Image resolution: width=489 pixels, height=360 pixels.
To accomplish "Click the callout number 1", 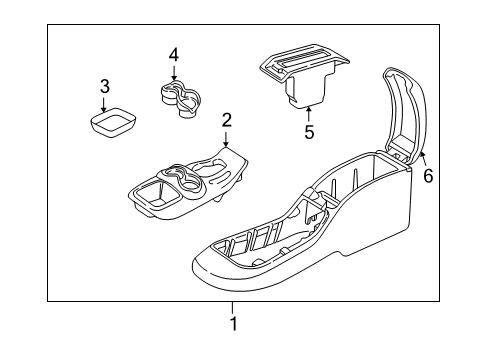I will click(233, 324).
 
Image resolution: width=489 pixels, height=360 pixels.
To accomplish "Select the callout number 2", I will click(227, 120).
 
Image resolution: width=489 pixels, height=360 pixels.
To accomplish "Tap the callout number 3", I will click(105, 86).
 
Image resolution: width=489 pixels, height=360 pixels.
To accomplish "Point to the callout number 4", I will click(173, 54).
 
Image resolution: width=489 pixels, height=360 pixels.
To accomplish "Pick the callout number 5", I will click(309, 130).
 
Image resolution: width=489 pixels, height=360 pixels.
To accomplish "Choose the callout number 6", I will click(428, 175).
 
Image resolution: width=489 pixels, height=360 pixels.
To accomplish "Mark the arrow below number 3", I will click(105, 103).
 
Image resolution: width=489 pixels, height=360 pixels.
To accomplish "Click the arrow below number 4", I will click(173, 73).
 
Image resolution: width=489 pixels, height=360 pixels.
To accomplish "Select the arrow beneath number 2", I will click(227, 140).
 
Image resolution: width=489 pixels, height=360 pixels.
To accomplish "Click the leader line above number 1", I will click(233, 307).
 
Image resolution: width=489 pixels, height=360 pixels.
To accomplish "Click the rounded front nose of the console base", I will click(215, 268).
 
